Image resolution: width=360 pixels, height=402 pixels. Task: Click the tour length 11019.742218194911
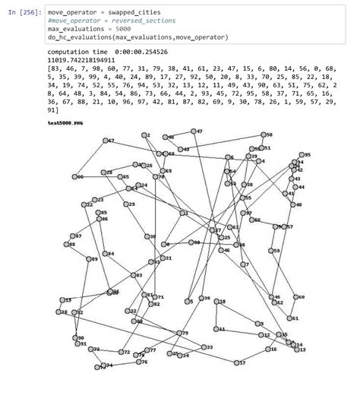(x=81, y=59)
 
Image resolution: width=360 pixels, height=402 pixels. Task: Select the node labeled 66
(x=74, y=176)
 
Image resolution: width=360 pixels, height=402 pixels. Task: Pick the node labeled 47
(x=194, y=131)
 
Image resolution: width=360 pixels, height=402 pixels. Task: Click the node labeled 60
(x=295, y=297)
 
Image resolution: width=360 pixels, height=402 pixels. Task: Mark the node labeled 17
(x=236, y=363)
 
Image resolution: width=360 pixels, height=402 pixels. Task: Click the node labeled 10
(x=216, y=302)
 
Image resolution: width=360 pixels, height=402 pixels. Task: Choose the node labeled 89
(x=87, y=259)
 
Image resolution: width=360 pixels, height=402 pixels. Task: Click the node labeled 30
(x=149, y=236)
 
